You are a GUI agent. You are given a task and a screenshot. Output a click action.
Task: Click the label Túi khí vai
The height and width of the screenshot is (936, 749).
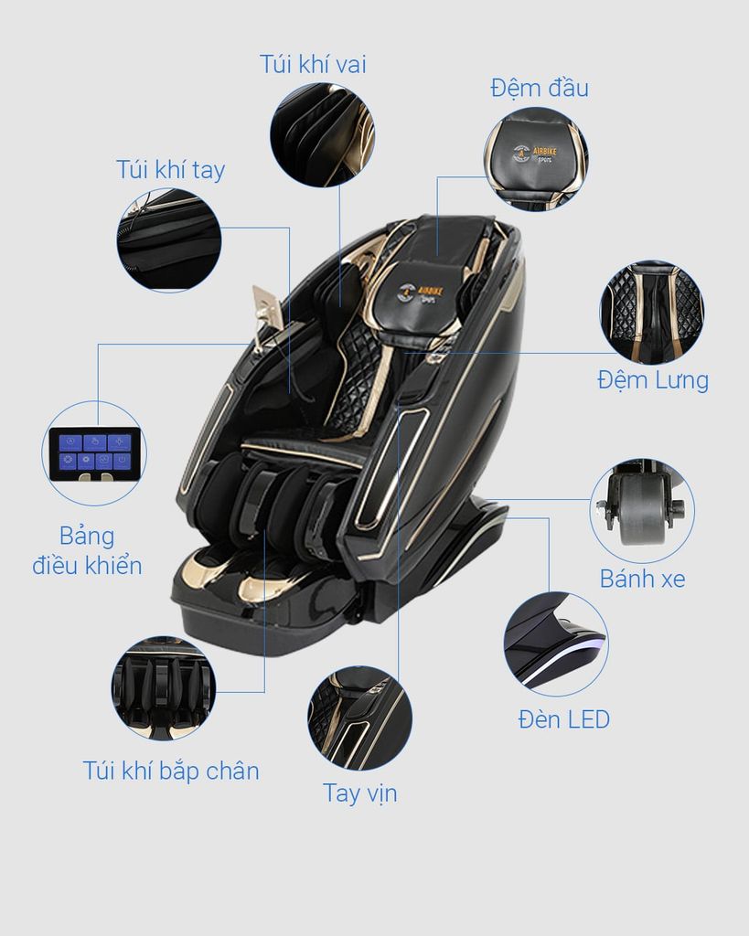coord(313,64)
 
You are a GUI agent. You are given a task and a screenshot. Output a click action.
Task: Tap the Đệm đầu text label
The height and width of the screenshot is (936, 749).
coord(539,88)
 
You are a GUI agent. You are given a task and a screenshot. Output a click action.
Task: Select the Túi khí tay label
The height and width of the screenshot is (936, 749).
coord(170,170)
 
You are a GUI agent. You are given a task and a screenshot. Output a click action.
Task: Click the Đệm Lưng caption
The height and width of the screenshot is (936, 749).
coord(653,379)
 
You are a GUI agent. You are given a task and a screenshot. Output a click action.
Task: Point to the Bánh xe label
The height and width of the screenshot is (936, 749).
coord(642,579)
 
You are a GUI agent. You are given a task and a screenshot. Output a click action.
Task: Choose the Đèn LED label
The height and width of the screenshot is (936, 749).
coord(563,719)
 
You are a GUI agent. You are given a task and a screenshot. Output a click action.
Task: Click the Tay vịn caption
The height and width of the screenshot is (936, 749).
coord(359,792)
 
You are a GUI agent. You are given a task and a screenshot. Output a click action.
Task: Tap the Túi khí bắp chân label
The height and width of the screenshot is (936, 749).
coord(171,771)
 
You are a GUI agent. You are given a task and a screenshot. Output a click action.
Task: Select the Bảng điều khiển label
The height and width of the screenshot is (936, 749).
coord(87,549)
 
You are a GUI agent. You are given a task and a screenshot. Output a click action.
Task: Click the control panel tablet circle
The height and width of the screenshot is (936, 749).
coord(94,453)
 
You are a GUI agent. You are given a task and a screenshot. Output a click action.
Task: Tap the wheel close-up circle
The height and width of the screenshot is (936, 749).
coord(641,510)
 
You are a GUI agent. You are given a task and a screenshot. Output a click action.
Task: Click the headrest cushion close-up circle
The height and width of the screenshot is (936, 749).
coord(535,159)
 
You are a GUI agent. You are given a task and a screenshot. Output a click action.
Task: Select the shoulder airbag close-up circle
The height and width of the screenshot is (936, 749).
coord(322,134)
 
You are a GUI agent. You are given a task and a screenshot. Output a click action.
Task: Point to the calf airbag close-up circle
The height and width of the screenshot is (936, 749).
coord(163,687)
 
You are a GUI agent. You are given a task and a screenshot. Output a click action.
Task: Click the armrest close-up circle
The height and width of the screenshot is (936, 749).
coord(359,718)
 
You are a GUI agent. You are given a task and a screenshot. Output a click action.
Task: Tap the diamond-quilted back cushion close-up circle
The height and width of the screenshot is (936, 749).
coord(651,312)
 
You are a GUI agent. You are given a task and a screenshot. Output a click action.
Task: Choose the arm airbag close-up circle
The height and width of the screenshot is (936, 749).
coord(169,239)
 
